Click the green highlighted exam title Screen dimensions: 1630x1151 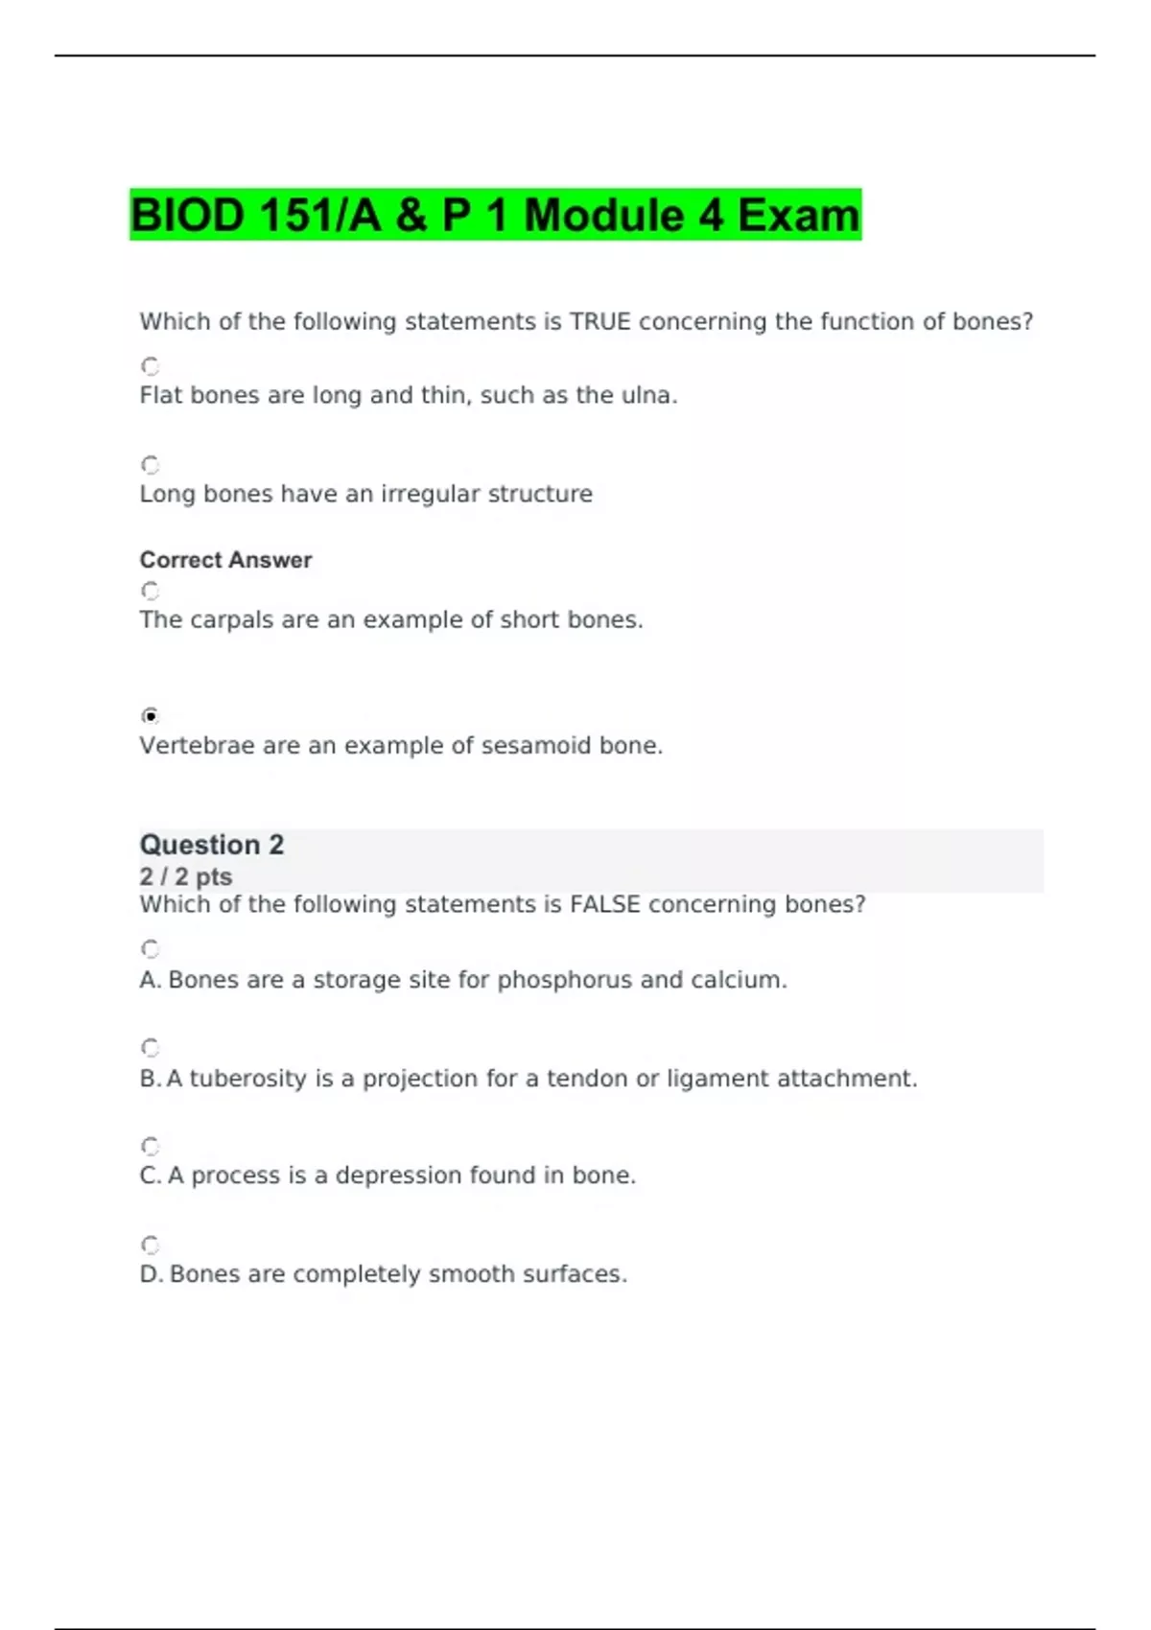coord(495,215)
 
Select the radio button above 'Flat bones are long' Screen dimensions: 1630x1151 coord(151,366)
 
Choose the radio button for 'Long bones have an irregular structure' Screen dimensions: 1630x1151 coord(151,465)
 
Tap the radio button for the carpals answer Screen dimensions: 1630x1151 coord(151,591)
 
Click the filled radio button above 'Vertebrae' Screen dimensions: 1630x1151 coord(151,716)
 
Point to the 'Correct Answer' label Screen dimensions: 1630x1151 coord(225,560)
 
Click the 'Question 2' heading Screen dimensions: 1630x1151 coord(212,845)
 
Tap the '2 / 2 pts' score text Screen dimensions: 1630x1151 coord(186,876)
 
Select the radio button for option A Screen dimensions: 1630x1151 coord(151,949)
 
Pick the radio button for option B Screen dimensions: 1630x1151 coord(151,1048)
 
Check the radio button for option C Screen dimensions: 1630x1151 coord(151,1147)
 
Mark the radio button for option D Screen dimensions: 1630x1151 coord(151,1246)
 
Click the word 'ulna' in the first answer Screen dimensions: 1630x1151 coord(647,395)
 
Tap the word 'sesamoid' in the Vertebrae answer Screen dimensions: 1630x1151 coord(536,745)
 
